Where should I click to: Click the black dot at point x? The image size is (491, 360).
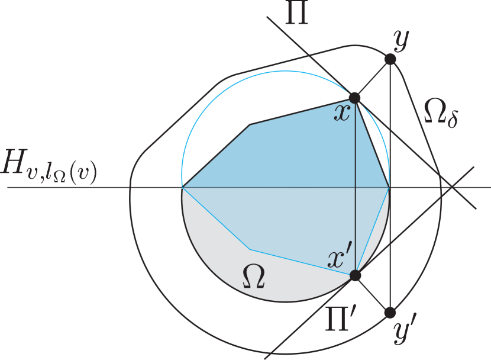pos(354,98)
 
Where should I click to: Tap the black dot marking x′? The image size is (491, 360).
pos(355,275)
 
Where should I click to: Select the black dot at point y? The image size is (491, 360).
pos(390,59)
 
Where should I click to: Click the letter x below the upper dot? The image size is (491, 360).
pos(342,112)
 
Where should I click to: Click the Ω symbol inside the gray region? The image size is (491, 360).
pos(254,278)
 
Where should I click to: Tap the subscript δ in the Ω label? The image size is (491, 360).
pos(453,121)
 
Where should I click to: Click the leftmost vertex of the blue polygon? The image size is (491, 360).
pos(182,187)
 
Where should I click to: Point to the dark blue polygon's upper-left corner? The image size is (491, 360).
pos(250,124)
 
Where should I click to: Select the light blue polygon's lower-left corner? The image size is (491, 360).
pos(250,249)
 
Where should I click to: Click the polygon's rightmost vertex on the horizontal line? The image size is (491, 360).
pos(389,187)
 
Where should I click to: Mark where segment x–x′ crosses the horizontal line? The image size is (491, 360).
pos(355,187)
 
